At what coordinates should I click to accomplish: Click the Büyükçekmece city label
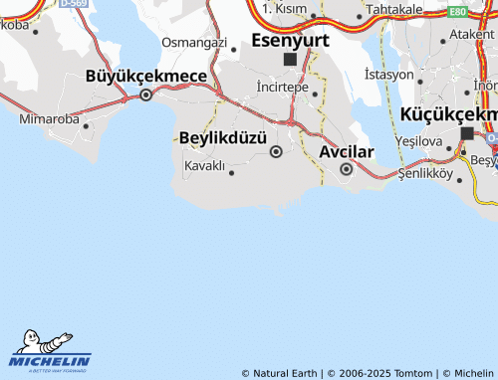pyautogui.click(x=145, y=76)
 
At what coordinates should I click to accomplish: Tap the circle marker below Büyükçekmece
pyautogui.click(x=146, y=95)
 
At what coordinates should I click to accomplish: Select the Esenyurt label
pyautogui.click(x=290, y=40)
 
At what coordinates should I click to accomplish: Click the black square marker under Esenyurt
pyautogui.click(x=290, y=60)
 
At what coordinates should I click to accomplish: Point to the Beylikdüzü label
pyautogui.click(x=223, y=136)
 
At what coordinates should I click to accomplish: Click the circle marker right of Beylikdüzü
pyautogui.click(x=276, y=151)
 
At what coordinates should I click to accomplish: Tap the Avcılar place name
pyautogui.click(x=346, y=152)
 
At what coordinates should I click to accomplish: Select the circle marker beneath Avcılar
pyautogui.click(x=346, y=169)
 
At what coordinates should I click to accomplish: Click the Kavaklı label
pyautogui.click(x=204, y=165)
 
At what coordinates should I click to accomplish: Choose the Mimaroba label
pyautogui.click(x=48, y=118)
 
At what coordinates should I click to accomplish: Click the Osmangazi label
pyautogui.click(x=195, y=42)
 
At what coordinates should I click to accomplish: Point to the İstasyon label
pyautogui.click(x=388, y=75)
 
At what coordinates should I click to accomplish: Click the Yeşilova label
pyautogui.click(x=419, y=141)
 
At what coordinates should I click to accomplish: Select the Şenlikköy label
pyautogui.click(x=425, y=173)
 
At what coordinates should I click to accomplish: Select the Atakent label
pyautogui.click(x=472, y=34)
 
